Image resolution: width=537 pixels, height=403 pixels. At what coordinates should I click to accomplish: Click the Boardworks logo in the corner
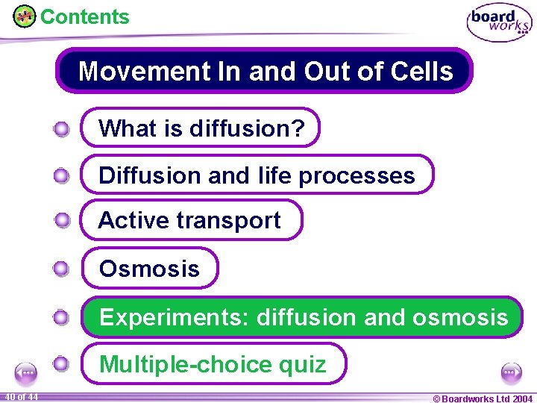click(499, 23)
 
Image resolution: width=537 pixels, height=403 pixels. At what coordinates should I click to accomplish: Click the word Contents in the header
click(84, 16)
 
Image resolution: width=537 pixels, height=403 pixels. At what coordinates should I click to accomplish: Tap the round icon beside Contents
click(25, 16)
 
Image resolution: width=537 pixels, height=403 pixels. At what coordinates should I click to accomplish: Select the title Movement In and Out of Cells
click(265, 71)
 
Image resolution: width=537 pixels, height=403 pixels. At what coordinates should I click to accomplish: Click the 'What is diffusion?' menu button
click(201, 128)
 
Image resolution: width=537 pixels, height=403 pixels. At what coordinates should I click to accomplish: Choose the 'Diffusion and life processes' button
click(257, 175)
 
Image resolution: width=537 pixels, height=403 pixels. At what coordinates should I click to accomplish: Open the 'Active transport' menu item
click(191, 220)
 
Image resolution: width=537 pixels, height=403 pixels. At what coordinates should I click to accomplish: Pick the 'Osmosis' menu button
click(149, 268)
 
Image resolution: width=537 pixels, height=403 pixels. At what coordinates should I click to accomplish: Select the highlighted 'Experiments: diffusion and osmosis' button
click(303, 317)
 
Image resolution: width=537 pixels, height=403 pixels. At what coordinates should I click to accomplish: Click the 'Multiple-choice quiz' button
click(213, 363)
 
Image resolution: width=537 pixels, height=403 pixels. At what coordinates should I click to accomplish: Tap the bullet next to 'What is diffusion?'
click(62, 129)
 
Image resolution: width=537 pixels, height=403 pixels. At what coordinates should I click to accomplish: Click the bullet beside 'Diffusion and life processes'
click(62, 176)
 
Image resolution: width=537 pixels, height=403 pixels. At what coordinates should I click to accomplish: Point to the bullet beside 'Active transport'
click(62, 220)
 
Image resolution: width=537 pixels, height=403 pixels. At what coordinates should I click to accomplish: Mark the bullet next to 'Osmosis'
click(62, 269)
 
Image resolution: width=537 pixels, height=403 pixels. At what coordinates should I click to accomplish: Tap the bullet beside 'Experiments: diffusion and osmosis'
click(62, 318)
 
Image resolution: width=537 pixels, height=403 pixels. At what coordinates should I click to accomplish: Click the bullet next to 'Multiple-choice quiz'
click(62, 364)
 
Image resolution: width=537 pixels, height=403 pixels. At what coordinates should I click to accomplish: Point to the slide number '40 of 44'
click(21, 396)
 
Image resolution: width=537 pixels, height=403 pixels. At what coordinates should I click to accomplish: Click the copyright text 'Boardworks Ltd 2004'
click(483, 398)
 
